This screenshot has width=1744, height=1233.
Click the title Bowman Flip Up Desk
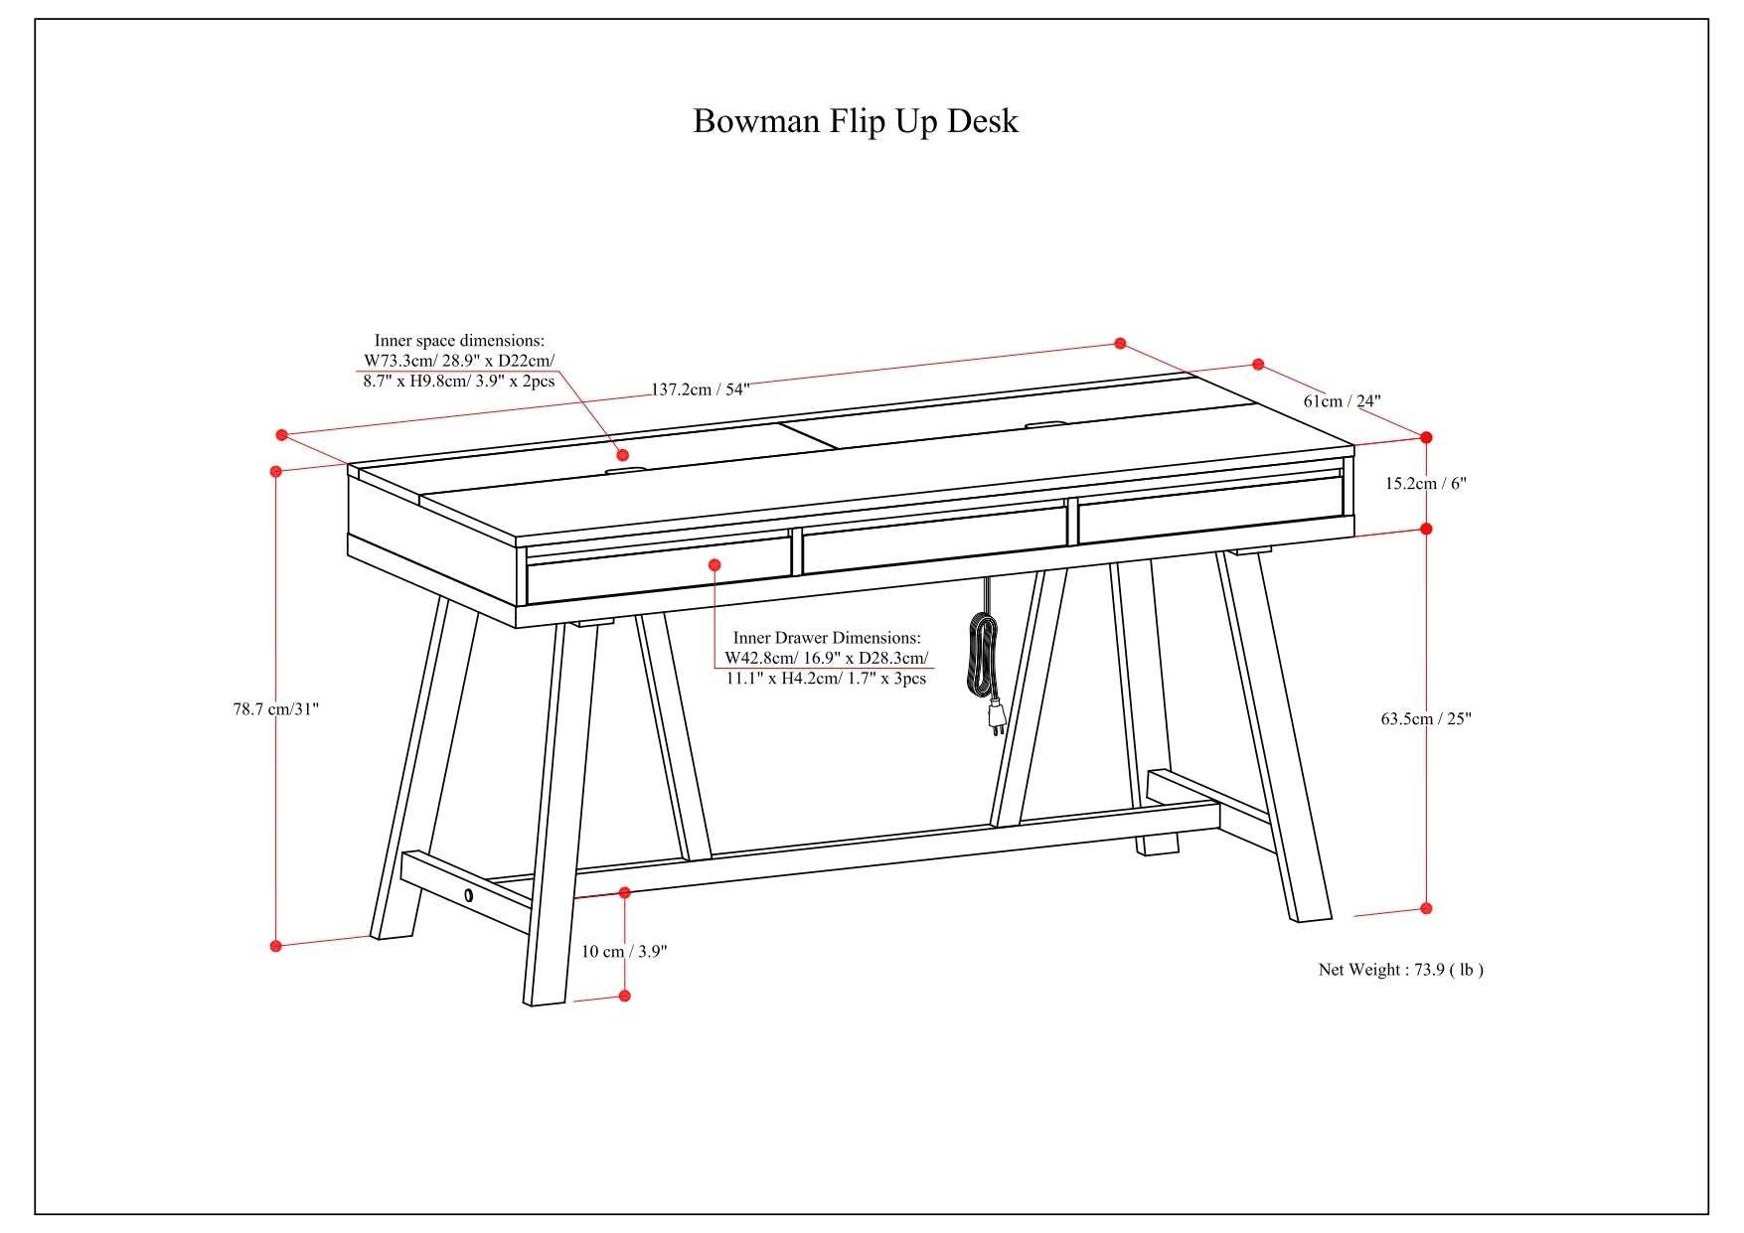point(855,121)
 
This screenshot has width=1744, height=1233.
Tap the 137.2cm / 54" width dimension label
point(700,389)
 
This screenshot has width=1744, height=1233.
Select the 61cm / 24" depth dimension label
point(1342,401)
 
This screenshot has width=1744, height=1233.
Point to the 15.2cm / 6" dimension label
point(1426,484)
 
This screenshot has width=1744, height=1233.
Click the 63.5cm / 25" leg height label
point(1426,718)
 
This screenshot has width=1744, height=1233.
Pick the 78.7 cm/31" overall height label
point(276,709)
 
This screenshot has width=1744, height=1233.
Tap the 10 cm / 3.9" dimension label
point(624,951)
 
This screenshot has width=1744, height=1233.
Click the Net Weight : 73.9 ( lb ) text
point(1400,970)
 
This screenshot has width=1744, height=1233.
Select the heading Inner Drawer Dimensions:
point(827,638)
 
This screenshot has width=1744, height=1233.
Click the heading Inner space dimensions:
point(459,341)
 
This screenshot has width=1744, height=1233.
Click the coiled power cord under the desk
point(982,655)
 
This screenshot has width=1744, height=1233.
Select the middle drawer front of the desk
point(934,540)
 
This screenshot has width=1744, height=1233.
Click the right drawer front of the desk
point(1210,510)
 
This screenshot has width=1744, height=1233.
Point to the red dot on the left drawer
point(714,564)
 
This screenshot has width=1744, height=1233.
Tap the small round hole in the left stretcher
point(468,895)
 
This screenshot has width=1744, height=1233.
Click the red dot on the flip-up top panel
point(623,455)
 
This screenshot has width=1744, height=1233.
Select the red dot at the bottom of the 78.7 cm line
point(276,946)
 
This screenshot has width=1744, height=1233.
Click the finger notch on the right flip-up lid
point(1042,426)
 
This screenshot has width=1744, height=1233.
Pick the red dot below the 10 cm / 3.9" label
point(624,996)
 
